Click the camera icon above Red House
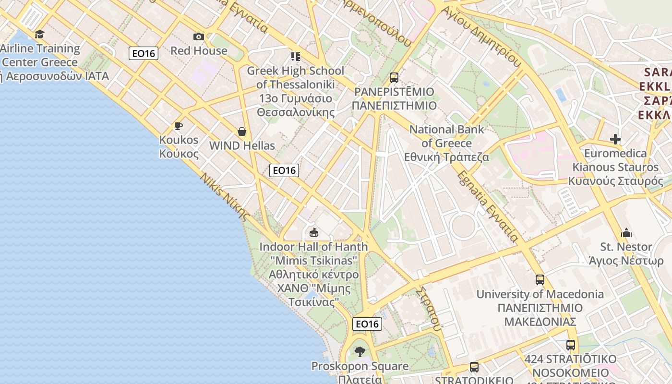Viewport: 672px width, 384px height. click(198, 37)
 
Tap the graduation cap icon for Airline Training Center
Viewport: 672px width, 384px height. click(39, 35)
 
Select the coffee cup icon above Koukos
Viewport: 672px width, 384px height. click(179, 126)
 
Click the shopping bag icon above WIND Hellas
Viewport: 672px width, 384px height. click(242, 132)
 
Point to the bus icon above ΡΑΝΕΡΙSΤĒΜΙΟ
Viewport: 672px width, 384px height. click(394, 77)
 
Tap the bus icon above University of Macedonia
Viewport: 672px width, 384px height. click(540, 280)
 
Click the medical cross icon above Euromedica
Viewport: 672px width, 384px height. click(615, 139)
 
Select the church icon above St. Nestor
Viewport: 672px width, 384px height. click(626, 233)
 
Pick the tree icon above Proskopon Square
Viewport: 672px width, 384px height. click(360, 352)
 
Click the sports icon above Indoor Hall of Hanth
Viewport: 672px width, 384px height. click(314, 233)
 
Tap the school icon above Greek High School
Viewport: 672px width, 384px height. click(295, 57)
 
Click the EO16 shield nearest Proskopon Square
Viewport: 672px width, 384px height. click(367, 324)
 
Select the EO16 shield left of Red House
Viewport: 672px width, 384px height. click(144, 53)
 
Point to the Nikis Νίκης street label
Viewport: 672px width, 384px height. click(225, 197)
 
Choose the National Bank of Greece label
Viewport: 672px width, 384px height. click(447, 143)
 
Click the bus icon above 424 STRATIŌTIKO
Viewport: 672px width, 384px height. click(570, 345)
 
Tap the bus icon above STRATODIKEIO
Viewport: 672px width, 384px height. click(474, 367)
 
